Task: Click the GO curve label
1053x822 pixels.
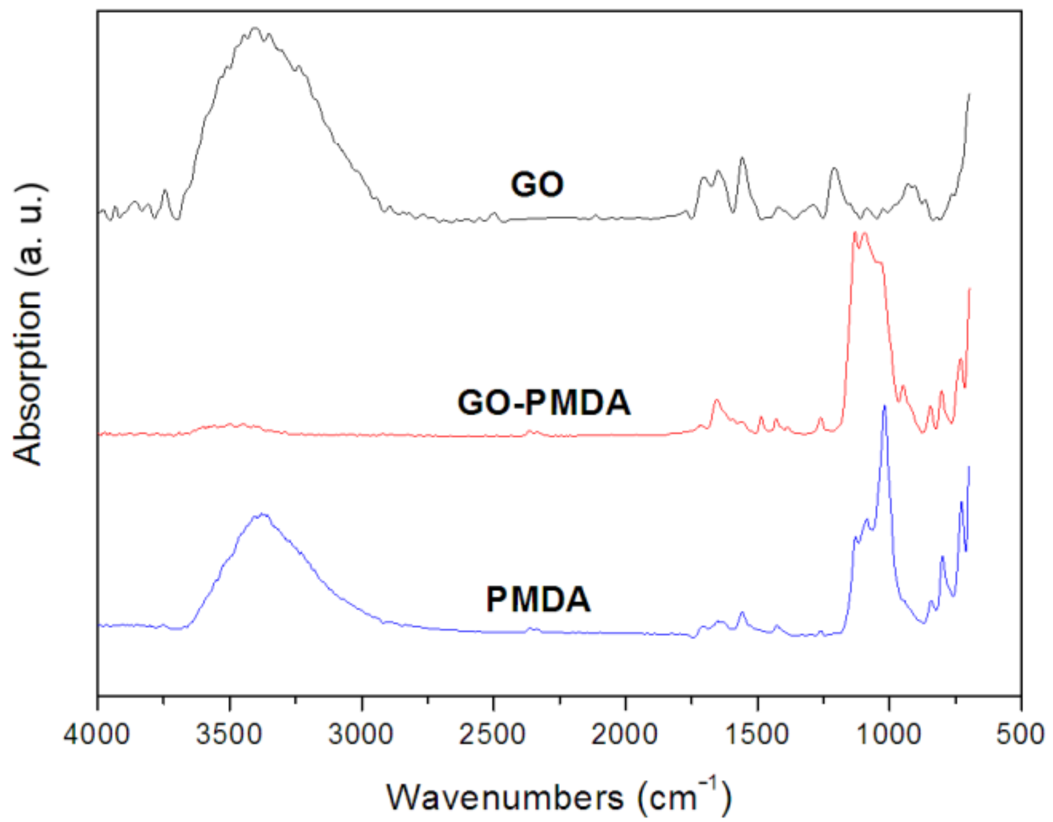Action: coord(537,185)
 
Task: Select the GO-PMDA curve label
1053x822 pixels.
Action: coord(544,403)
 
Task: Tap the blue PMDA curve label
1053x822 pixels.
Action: coord(538,600)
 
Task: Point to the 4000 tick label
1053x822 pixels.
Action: coord(97,735)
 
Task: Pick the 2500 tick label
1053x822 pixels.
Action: coord(492,735)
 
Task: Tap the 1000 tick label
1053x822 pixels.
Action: coord(888,735)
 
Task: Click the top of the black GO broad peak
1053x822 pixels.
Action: coord(255,29)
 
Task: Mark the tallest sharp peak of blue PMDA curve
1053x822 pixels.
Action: coord(884,406)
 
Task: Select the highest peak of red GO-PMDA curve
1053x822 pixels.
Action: coord(855,233)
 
